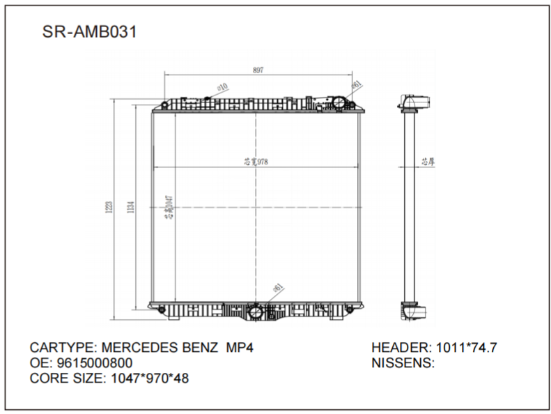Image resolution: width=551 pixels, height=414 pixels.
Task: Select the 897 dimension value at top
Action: (x=257, y=69)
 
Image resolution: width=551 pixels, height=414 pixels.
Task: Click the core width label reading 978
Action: (x=256, y=162)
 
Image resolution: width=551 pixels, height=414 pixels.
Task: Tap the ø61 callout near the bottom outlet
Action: (x=277, y=287)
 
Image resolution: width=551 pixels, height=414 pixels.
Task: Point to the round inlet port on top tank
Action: (x=339, y=103)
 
